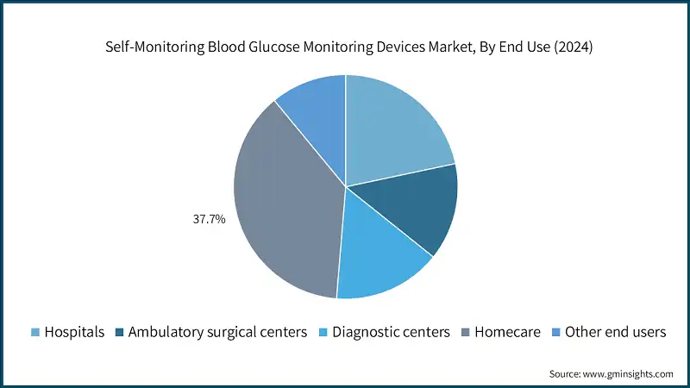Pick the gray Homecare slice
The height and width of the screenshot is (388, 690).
coord(285,207)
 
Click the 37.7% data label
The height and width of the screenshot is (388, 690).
coord(209,220)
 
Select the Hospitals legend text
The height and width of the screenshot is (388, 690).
coord(75,332)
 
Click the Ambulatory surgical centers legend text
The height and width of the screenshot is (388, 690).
coord(217,332)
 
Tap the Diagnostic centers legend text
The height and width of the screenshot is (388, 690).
coord(391,332)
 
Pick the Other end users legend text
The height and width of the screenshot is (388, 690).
coord(615,332)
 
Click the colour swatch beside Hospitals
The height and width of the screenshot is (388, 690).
coord(35,332)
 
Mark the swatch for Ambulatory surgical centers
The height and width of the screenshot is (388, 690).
coord(120,332)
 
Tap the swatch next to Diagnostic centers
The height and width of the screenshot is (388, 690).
coord(323,332)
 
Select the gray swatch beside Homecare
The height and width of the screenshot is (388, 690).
coord(466,332)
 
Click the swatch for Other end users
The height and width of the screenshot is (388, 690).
coord(556,332)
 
